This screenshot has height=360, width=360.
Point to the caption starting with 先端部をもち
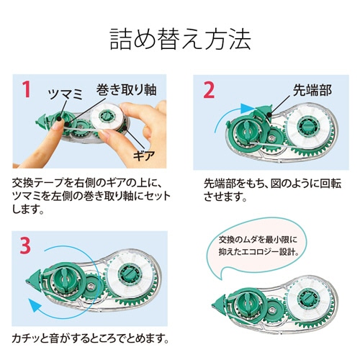269,188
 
